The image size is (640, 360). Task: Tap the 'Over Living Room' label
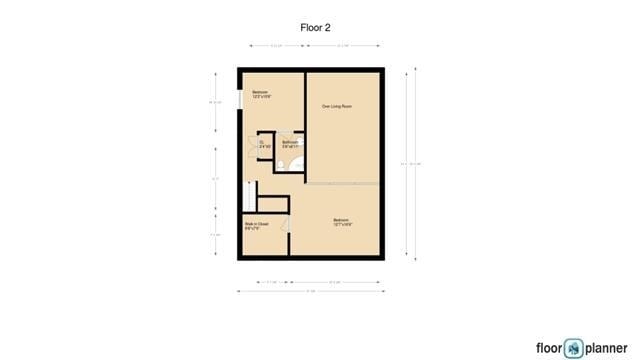336,106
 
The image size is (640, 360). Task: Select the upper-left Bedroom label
261,95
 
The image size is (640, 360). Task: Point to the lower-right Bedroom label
341,222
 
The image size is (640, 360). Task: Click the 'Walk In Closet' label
256,225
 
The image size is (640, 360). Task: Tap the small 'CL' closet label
262,144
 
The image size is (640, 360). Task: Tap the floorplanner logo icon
573,348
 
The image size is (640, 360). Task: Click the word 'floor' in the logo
548,348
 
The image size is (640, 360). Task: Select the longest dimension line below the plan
310,291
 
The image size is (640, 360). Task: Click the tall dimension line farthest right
407,164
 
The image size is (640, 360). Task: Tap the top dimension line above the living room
343,45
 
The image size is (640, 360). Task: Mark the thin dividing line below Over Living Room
343,184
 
